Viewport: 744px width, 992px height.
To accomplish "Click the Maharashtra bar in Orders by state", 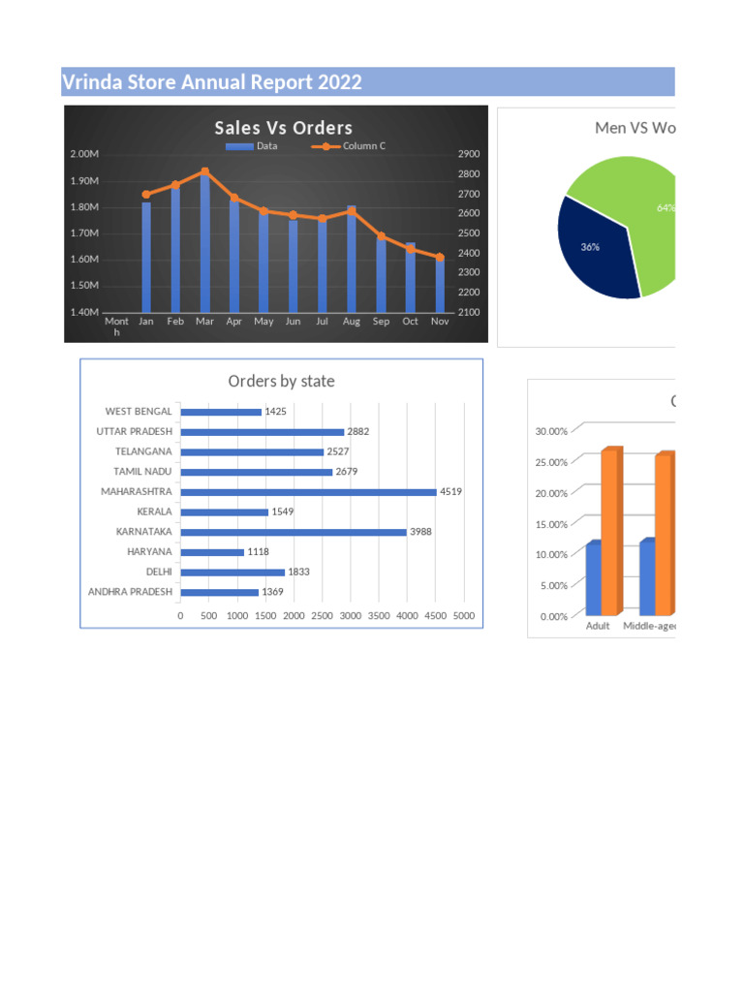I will pyautogui.click(x=308, y=492).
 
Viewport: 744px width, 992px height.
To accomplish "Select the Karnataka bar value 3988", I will pyautogui.click(x=420, y=532).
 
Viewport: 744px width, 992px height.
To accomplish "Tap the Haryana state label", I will pyautogui.click(x=149, y=551).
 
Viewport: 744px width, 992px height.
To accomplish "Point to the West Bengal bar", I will pyautogui.click(x=221, y=412).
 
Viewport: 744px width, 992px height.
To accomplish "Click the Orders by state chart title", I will pyautogui.click(x=281, y=382).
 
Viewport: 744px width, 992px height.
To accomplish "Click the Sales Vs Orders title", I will pyautogui.click(x=283, y=128).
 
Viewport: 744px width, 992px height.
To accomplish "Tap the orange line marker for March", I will pyautogui.click(x=204, y=171).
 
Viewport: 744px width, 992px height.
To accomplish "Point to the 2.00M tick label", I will pyautogui.click(x=84, y=154).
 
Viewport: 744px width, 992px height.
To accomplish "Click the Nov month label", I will pyautogui.click(x=440, y=321).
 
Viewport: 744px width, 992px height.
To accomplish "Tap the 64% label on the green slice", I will pyautogui.click(x=666, y=207).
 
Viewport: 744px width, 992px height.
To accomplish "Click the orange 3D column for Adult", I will pyautogui.click(x=610, y=533).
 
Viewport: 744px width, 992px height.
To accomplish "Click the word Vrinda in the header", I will pyautogui.click(x=91, y=82).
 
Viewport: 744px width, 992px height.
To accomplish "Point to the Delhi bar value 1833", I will pyautogui.click(x=298, y=572).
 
